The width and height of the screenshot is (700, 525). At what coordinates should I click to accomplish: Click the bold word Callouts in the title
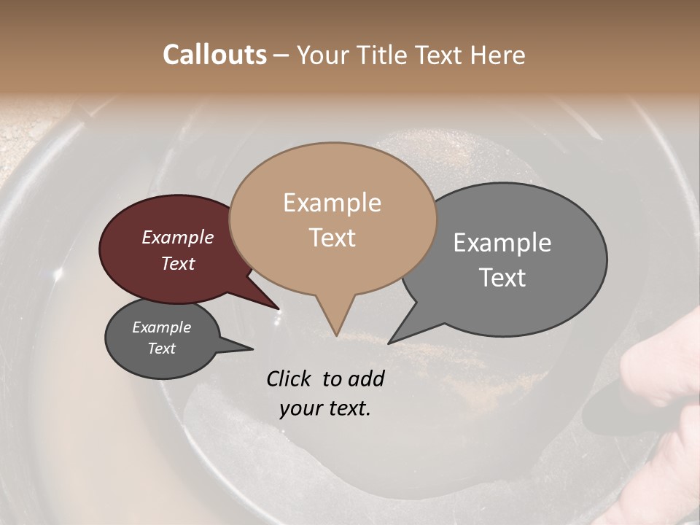pos(214,55)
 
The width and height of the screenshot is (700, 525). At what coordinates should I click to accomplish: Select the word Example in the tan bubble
pos(332,203)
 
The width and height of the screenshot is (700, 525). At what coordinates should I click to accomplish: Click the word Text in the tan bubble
pos(332,237)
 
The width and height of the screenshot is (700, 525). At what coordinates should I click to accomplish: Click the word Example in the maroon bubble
pos(177,237)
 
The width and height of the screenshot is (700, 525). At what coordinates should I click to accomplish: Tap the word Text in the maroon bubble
pos(177,263)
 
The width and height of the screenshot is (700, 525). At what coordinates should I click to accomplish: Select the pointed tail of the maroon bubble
pos(273,306)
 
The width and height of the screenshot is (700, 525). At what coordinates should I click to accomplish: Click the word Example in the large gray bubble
pos(502,243)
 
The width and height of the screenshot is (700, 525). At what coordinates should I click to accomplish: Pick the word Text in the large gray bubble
pos(502,277)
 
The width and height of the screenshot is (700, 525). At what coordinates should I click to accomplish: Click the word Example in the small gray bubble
pos(161,327)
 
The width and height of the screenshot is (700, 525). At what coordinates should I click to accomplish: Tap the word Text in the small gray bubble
pos(161,349)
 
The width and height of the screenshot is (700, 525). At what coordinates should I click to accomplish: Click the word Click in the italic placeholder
pos(291,378)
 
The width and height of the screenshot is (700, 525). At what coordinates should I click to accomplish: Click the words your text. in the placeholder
pos(325,408)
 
